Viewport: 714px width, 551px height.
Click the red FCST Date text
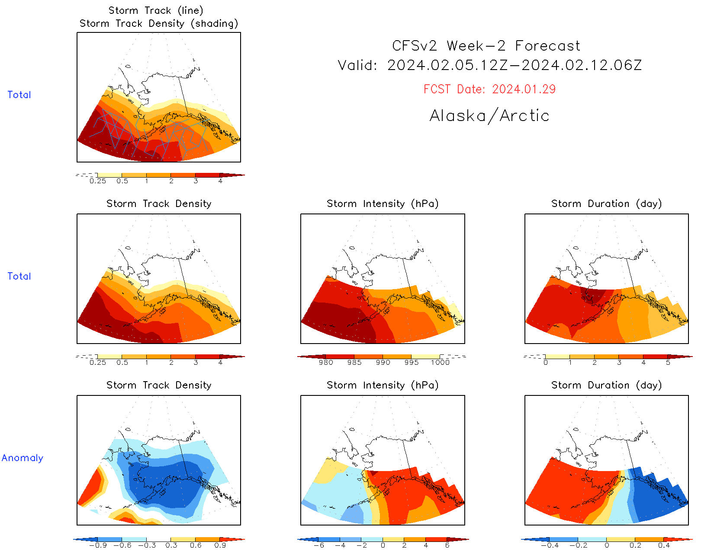489,89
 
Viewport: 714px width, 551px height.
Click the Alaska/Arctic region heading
489,116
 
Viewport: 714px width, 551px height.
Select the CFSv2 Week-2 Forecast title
486,46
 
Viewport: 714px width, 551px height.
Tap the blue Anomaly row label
23,458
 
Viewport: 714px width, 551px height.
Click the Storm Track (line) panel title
156,10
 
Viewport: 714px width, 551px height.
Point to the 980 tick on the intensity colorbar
326,362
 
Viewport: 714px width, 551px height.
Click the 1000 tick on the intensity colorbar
440,362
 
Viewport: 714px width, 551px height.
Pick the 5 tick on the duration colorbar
668,362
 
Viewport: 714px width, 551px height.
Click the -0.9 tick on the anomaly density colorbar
98,545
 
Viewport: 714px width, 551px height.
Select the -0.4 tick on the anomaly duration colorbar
550,545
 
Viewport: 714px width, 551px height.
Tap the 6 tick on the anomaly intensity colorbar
447,545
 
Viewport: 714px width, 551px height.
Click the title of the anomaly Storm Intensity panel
383,385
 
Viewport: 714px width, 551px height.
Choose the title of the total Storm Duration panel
606,204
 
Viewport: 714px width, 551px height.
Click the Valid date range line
489,65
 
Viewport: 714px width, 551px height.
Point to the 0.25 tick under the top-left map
98,181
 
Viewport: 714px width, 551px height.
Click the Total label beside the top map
19,95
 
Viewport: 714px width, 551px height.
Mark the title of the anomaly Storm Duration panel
606,385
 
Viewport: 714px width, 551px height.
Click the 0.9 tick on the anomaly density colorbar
220,545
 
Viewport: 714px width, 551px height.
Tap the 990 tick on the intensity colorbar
383,362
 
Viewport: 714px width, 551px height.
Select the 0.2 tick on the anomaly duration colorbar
635,545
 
